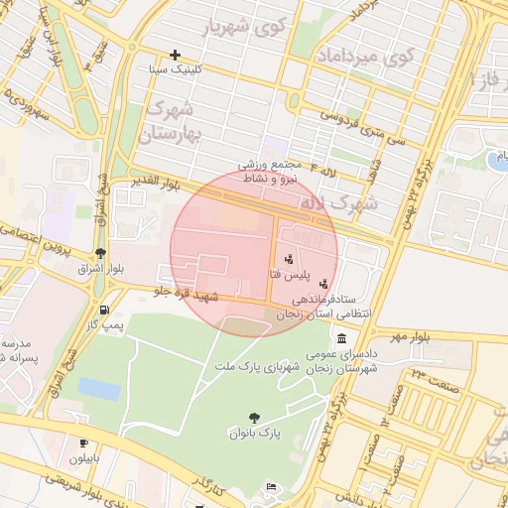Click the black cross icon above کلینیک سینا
176,55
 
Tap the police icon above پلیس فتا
289,259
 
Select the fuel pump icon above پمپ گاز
102,309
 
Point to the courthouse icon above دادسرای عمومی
342,337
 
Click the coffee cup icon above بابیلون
82,443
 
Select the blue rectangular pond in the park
98,388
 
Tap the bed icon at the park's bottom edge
272,487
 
